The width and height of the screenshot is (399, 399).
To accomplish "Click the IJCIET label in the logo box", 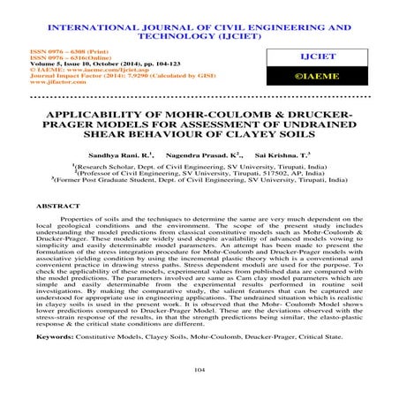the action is click(335, 56).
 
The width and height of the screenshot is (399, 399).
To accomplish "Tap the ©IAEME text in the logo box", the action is click(335, 77).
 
